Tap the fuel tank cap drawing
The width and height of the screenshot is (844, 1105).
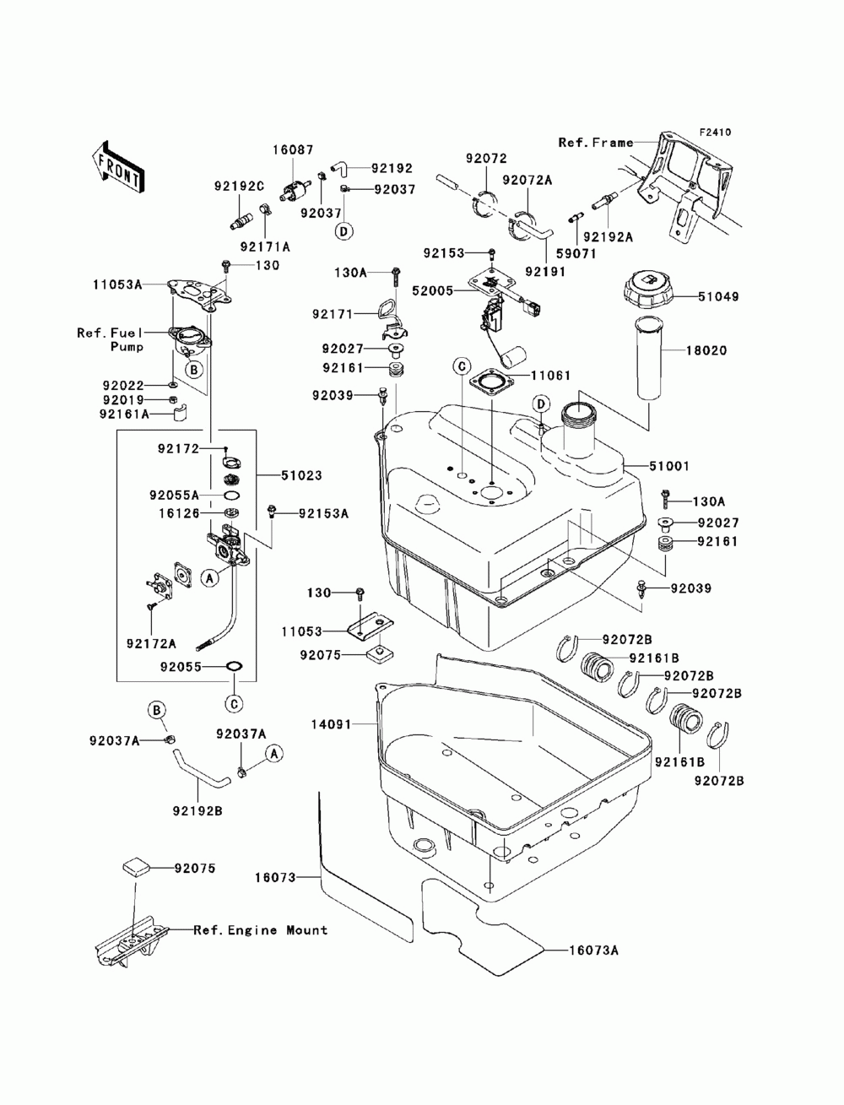click(x=649, y=290)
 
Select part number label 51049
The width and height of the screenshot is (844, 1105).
click(x=717, y=296)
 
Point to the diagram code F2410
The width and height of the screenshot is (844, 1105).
click(x=715, y=133)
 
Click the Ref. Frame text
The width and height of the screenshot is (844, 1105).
click(x=596, y=143)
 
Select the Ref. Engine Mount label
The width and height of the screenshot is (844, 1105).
click(x=261, y=930)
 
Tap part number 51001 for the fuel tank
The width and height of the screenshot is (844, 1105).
click(x=668, y=466)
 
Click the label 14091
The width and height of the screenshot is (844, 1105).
click(x=331, y=724)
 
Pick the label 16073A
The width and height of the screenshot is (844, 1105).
click(x=594, y=951)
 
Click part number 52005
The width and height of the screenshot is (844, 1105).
click(x=433, y=290)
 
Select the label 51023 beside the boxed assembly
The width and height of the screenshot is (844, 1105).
click(x=301, y=475)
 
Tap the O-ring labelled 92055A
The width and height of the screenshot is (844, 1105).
click(x=231, y=496)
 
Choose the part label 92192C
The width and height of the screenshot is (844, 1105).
click(x=239, y=187)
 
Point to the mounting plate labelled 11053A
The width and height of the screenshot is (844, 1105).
click(x=199, y=296)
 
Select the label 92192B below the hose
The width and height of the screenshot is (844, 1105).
click(x=197, y=811)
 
